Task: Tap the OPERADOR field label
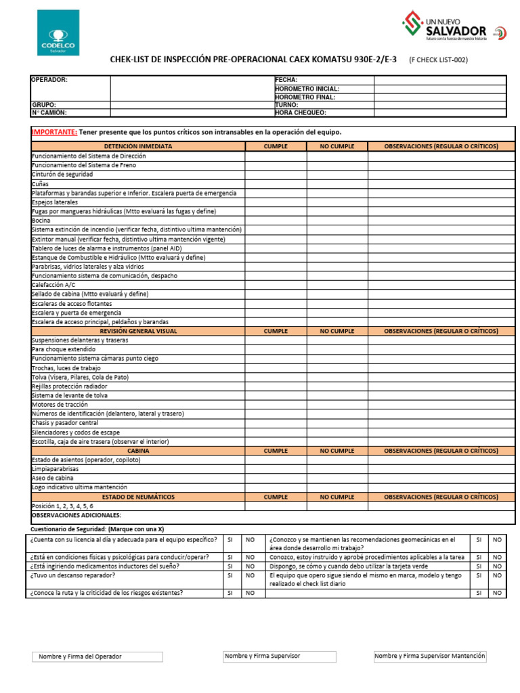49,80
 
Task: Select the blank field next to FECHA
439,80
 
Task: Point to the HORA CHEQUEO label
301,113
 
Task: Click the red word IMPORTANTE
54,132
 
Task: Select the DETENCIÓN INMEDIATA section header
138,146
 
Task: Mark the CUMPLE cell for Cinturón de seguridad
275,175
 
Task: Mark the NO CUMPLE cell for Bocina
337,221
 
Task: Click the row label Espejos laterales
55,202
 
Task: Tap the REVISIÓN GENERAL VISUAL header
138,331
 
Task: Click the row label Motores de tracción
60,404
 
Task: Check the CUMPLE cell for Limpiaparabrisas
275,469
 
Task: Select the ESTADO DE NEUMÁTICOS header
138,497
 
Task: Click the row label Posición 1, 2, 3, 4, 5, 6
62,506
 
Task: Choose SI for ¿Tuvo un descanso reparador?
230,576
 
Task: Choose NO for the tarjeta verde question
497,566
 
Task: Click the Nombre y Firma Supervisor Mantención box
430,656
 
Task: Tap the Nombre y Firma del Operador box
97,657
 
